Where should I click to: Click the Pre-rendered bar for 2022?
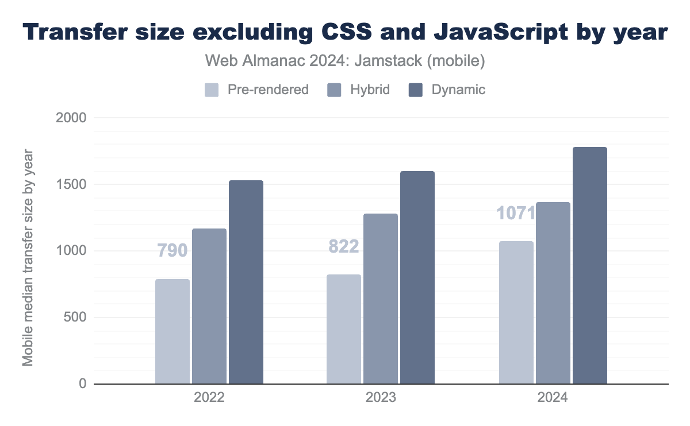[x=172, y=331]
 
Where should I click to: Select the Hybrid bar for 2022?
[x=209, y=306]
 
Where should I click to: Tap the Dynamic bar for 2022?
[x=246, y=282]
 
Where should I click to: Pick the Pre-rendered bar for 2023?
[x=344, y=329]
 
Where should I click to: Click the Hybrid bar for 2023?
[x=381, y=299]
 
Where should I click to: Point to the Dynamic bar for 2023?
[x=417, y=277]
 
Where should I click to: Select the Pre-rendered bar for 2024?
[x=516, y=312]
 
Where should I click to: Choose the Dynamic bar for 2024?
[x=590, y=265]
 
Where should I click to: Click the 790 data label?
[x=172, y=250]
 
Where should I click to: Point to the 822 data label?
[x=344, y=246]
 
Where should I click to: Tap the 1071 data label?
[x=516, y=213]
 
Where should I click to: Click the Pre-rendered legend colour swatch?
[x=212, y=90]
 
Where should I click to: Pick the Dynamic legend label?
[x=458, y=90]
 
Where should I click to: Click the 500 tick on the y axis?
[x=75, y=317]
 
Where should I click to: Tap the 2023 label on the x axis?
[x=381, y=397]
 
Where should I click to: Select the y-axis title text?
[x=28, y=257]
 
